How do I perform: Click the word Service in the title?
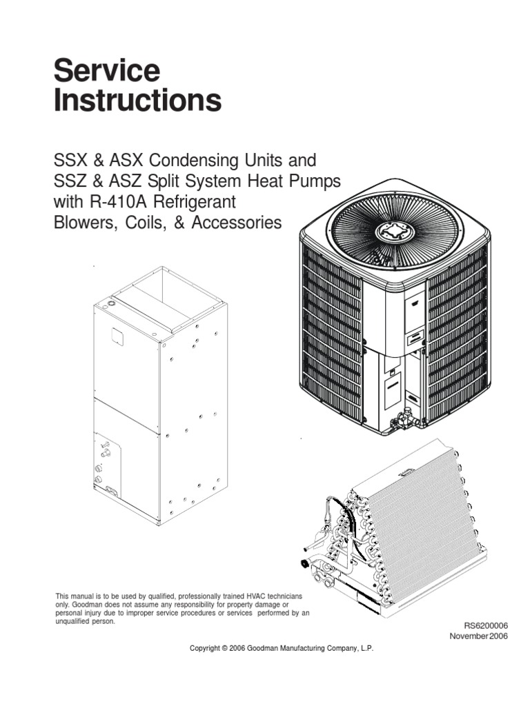[x=107, y=70]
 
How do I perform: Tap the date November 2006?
[x=478, y=636]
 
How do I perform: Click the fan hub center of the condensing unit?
[x=400, y=232]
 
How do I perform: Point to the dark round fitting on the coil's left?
[x=304, y=563]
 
